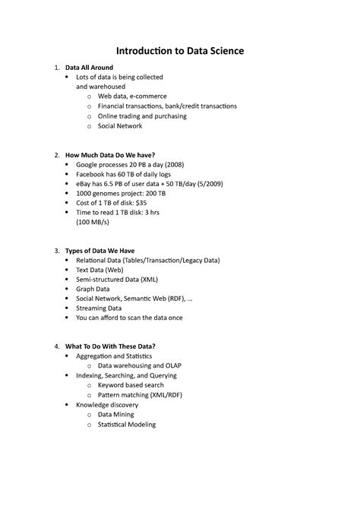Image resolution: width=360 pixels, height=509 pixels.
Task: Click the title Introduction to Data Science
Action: point(180,51)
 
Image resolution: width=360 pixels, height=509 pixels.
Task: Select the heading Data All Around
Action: point(89,68)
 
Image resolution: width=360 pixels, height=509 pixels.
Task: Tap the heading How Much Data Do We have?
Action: point(110,155)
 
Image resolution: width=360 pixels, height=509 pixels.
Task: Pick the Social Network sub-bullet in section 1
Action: point(120,126)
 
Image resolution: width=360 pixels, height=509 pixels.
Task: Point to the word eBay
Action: point(84,184)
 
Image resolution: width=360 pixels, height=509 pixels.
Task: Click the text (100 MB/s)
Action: point(93,223)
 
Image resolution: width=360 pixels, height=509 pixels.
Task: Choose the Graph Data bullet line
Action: point(93,289)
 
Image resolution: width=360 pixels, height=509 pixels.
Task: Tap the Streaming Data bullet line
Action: point(99,308)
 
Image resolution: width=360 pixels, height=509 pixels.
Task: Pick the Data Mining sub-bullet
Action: point(115,415)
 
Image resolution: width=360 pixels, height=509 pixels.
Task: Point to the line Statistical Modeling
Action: point(127,424)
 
